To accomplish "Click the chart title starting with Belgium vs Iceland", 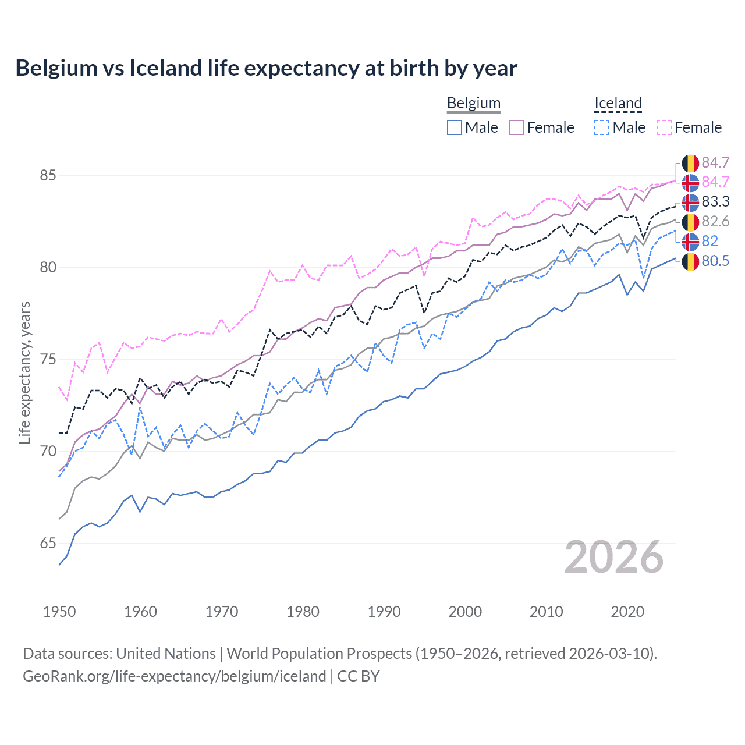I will [266, 68].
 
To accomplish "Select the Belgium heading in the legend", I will [473, 103].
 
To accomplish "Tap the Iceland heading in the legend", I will [618, 103].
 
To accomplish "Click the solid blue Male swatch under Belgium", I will [455, 127].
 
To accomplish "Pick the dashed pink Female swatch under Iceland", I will [664, 127].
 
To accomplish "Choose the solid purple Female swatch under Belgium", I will [516, 127].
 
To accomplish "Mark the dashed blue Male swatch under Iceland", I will [602, 127].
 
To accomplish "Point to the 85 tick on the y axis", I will [48, 175].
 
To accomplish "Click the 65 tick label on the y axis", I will [48, 543].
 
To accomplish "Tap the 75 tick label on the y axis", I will [48, 359].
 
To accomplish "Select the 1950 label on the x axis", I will [59, 612].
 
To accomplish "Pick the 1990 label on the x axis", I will [384, 612].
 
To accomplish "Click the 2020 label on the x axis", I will [627, 612].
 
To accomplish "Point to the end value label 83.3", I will [715, 202].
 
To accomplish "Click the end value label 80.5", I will [715, 261].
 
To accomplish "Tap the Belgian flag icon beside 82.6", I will [690, 222].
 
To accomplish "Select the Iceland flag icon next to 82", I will [690, 242].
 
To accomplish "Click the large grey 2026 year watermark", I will [613, 557].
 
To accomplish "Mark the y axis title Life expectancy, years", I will [24, 372].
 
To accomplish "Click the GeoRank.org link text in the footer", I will [174, 676].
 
